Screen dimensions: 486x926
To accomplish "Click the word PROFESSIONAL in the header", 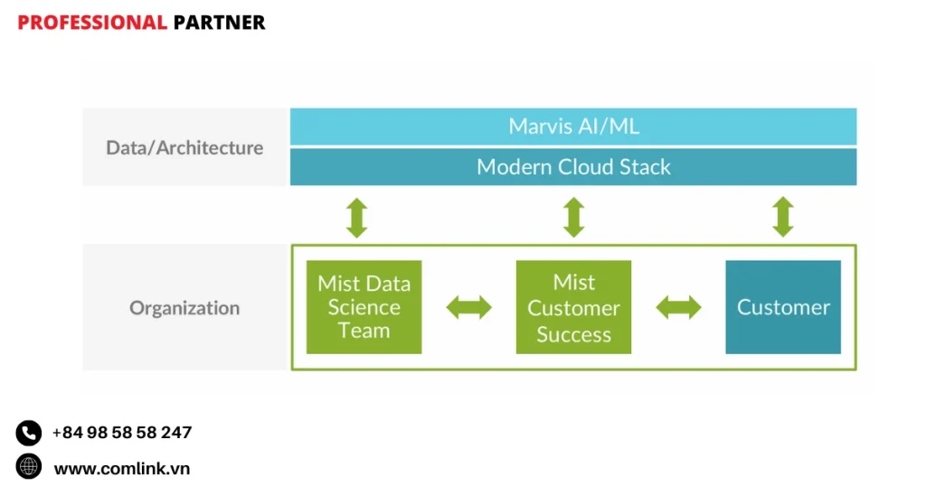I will (92, 23).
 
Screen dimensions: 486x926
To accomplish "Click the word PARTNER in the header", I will (219, 23).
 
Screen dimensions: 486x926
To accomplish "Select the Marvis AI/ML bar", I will (573, 126).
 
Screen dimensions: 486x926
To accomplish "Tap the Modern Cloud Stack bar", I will (573, 167).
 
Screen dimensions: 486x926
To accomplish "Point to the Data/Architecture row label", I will (184, 147).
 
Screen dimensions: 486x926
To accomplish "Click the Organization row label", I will (184, 308).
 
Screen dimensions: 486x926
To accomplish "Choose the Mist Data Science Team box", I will (364, 307).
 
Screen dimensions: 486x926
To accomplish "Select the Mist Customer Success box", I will (573, 308).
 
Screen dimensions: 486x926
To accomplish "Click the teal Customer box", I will (783, 307).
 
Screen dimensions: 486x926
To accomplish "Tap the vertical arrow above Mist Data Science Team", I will (357, 218).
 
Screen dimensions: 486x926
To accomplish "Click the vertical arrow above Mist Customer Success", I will (573, 218).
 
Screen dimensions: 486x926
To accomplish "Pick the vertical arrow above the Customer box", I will (783, 218).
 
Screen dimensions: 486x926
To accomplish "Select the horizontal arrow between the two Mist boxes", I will (469, 308).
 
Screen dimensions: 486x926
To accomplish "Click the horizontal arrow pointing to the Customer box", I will (678, 308).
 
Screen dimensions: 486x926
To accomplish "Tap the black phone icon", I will (29, 434).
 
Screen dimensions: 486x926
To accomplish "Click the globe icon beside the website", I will (29, 467).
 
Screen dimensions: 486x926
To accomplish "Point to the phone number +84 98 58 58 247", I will (122, 433).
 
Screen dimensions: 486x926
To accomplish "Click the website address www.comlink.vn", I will (122, 469).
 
